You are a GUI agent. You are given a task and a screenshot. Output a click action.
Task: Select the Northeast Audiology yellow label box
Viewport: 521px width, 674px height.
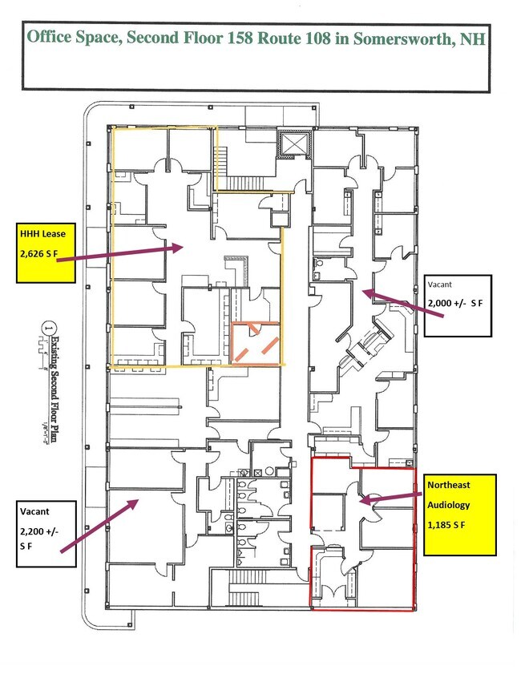(461, 514)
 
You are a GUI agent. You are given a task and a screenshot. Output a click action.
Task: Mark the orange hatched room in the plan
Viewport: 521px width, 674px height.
(256, 343)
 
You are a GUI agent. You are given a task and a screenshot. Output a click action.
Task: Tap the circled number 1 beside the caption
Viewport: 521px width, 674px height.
(49, 327)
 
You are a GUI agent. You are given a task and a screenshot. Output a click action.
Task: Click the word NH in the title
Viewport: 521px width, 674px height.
(472, 37)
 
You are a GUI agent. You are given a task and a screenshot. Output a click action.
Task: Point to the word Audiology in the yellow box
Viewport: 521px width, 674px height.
(449, 506)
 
